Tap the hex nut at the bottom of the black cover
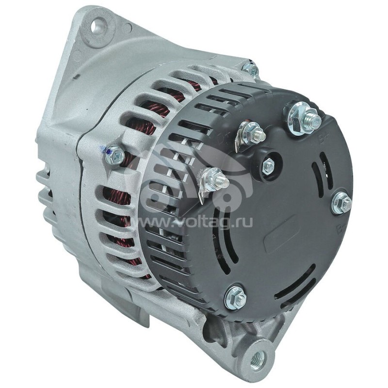point(235,297)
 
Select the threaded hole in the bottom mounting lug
point(257,359)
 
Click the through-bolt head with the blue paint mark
point(115,155)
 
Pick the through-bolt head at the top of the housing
point(251,70)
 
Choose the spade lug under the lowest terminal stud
point(202,194)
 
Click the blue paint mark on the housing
point(103,150)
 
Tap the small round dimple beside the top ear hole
point(127,28)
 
